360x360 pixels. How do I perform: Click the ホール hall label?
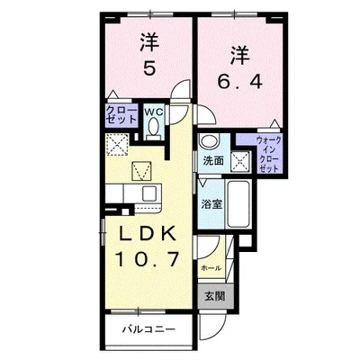click(x=211, y=268)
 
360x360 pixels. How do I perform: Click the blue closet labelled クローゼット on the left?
click(x=121, y=115)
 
